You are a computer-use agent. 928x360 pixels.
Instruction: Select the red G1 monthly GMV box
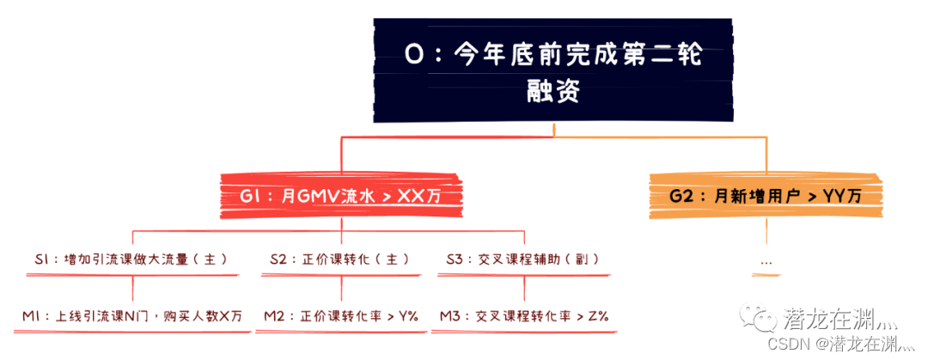click(342, 196)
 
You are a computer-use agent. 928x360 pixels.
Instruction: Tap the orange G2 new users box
click(766, 196)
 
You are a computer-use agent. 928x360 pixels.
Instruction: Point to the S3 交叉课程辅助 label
click(522, 258)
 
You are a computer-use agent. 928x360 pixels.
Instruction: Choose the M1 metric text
click(131, 316)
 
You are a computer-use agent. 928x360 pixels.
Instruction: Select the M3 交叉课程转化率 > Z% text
click(524, 316)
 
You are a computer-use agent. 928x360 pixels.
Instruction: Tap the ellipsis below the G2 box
click(766, 260)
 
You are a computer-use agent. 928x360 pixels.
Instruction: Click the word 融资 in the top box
click(553, 90)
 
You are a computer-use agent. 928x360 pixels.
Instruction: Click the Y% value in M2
click(408, 316)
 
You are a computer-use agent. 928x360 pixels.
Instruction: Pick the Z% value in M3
click(598, 316)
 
